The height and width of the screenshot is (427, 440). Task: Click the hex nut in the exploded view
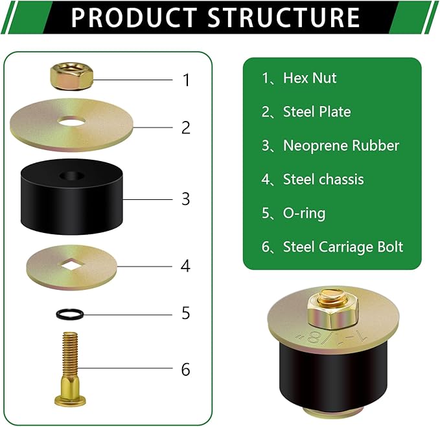click(x=71, y=76)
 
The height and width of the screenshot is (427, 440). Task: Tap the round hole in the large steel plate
click(x=71, y=121)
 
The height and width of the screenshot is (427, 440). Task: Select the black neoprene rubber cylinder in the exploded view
click(x=71, y=197)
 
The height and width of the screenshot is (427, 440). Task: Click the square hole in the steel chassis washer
click(x=71, y=265)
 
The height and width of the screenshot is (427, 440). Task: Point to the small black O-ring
click(x=70, y=314)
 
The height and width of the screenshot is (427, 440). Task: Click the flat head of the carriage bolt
click(x=70, y=400)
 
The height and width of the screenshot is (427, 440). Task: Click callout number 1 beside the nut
click(x=187, y=80)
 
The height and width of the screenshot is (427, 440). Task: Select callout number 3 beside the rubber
click(x=186, y=199)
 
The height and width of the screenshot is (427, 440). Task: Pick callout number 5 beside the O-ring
click(x=186, y=313)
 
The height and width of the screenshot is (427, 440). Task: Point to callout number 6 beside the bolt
click(x=186, y=369)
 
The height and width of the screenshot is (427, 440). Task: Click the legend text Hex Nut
click(x=310, y=78)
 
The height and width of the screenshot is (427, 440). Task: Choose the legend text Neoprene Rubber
click(x=342, y=146)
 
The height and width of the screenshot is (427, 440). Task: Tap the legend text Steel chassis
click(x=323, y=179)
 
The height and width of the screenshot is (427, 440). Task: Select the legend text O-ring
click(x=305, y=213)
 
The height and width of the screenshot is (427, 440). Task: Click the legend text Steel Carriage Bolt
click(x=343, y=247)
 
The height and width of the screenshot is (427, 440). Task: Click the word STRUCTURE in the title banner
click(x=284, y=17)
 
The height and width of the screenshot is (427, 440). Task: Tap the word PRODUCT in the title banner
click(x=134, y=17)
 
